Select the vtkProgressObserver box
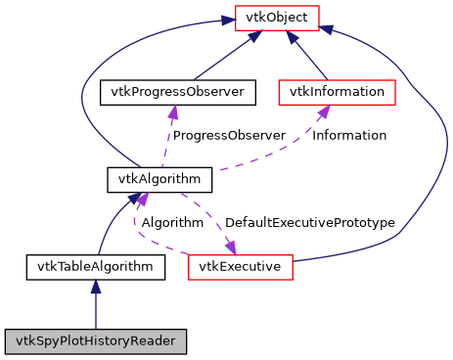click(x=178, y=92)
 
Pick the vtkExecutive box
click(x=241, y=265)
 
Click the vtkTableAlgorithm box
click(x=95, y=265)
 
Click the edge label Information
click(x=348, y=135)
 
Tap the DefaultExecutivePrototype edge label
click(x=309, y=222)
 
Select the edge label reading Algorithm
click(x=172, y=222)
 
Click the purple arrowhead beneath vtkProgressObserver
click(x=173, y=112)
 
